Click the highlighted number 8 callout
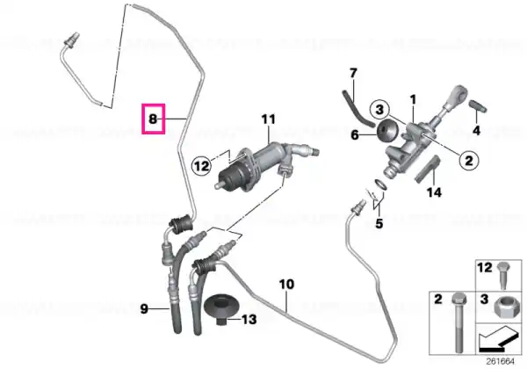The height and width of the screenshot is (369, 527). pos(153,119)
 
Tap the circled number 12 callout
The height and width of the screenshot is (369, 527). pos(202,166)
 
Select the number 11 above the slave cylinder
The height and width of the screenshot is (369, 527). pos(269,119)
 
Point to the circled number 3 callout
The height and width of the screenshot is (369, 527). pos(379,110)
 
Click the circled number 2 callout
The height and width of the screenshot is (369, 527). pos(468,160)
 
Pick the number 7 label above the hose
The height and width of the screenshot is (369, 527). pos(353,73)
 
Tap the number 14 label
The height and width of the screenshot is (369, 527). pos(434,192)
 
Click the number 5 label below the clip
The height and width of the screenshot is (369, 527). pos(379,223)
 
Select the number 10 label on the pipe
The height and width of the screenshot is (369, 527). pos(286,285)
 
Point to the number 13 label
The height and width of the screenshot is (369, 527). pos(249,319)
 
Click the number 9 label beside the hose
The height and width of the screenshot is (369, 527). pos(144,309)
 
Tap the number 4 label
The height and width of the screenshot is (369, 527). pos(477,130)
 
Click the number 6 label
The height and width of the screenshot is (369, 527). pos(355,135)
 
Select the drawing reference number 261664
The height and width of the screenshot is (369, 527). pos(501,362)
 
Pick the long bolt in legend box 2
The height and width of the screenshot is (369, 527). pos(458,322)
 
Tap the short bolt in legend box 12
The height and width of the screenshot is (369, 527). pos(503,276)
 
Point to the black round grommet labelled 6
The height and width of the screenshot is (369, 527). pos(387,131)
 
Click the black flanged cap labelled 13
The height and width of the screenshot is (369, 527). pos(221,310)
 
